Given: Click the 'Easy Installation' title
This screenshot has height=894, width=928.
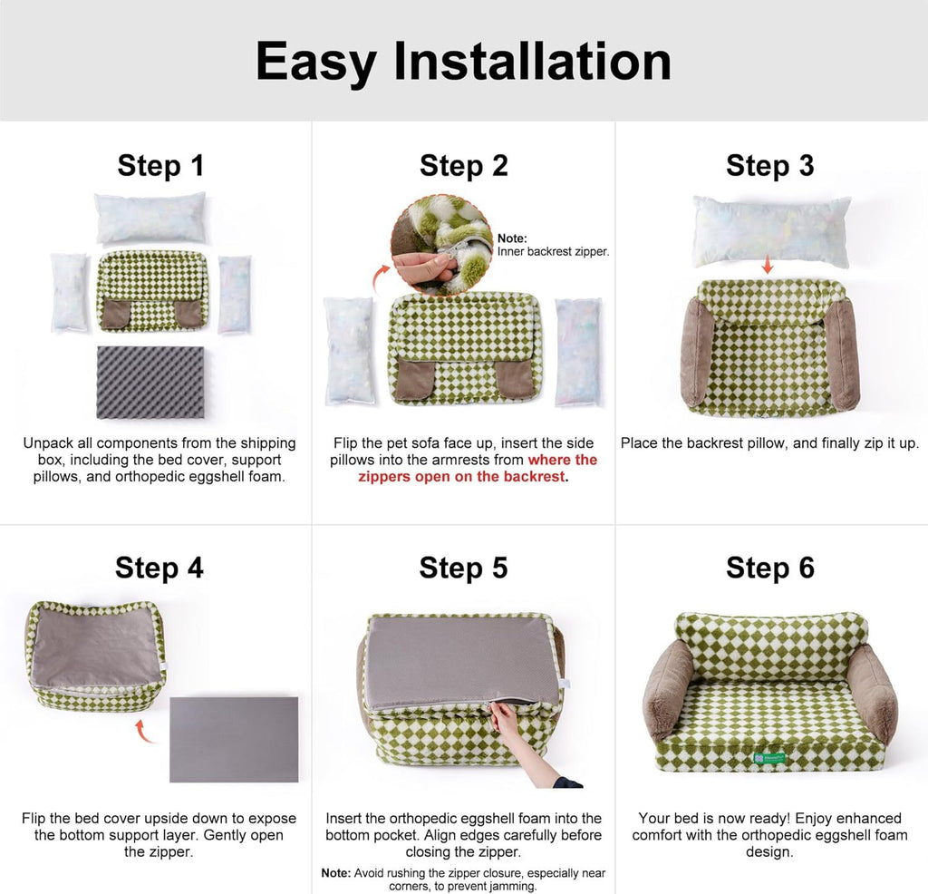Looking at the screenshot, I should pyautogui.click(x=463, y=62).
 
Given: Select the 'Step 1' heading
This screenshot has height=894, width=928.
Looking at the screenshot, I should pyautogui.click(x=160, y=166).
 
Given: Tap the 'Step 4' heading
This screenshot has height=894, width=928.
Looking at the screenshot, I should pyautogui.click(x=159, y=568).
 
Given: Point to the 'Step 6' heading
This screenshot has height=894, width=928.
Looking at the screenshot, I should pyautogui.click(x=769, y=568).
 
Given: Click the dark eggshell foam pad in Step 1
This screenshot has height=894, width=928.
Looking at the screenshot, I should pyautogui.click(x=150, y=382).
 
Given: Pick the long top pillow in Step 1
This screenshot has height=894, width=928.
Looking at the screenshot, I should pyautogui.click(x=150, y=218).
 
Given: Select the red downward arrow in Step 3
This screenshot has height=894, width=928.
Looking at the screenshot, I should pyautogui.click(x=768, y=264).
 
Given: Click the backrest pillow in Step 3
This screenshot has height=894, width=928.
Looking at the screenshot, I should pyautogui.click(x=771, y=230).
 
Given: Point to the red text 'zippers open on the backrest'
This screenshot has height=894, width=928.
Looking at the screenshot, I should pyautogui.click(x=463, y=476).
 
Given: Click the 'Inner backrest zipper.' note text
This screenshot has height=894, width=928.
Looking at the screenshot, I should pyautogui.click(x=553, y=252).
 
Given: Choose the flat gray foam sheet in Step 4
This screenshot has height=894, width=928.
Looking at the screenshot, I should pyautogui.click(x=234, y=738).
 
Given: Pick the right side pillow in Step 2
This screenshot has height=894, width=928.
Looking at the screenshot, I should pyautogui.click(x=576, y=349).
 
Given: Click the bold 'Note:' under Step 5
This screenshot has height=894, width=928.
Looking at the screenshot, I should pyautogui.click(x=336, y=872).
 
